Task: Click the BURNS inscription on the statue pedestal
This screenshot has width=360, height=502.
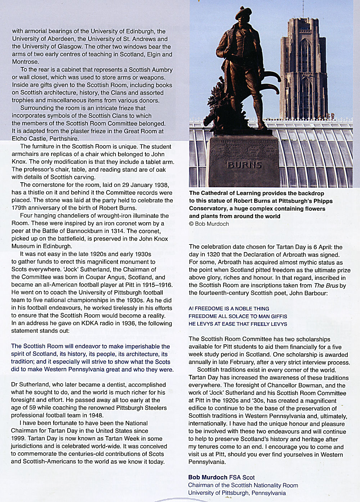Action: pos(244,165)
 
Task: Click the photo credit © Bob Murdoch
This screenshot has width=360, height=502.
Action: pos(209,224)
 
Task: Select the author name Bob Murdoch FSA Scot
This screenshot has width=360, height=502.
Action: pos(221,477)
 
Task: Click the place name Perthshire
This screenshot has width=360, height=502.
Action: pos(64,138)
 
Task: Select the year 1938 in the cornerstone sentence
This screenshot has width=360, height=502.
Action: pos(161,185)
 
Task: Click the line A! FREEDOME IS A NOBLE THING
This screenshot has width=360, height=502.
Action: pos(229,309)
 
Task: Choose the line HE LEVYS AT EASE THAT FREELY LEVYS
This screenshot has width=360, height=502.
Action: pos(238,324)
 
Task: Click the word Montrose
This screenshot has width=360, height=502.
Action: pos(25,62)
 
